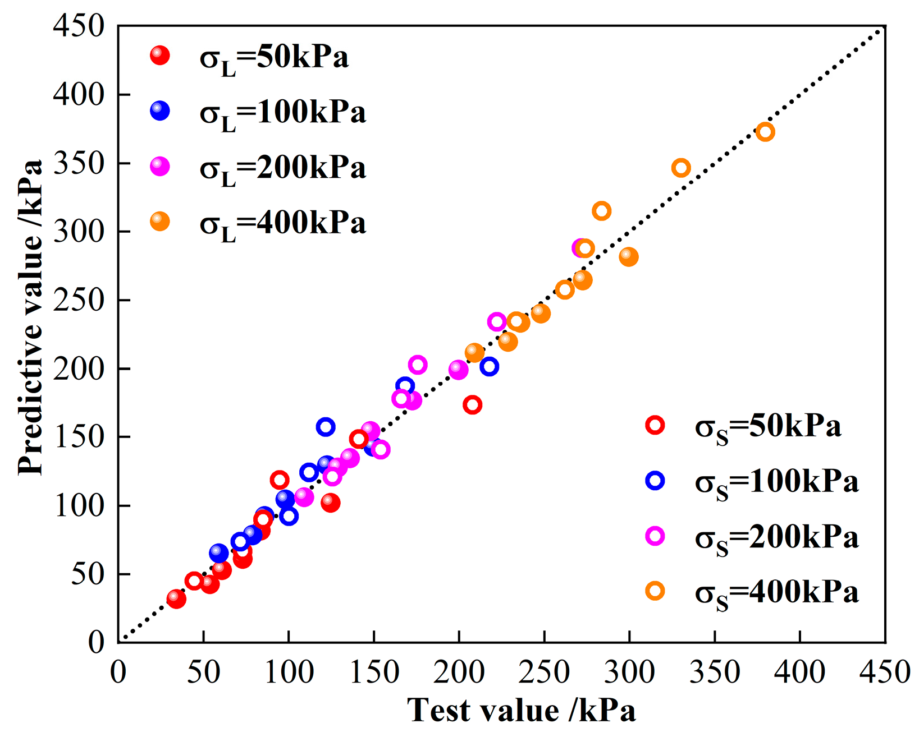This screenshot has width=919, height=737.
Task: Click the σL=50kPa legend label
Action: pyautogui.click(x=274, y=58)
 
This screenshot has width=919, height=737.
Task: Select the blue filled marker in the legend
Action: pyautogui.click(x=160, y=110)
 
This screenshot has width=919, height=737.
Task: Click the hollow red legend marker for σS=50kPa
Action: pyautogui.click(x=655, y=426)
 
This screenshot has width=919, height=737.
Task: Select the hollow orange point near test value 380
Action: pyautogui.click(x=765, y=132)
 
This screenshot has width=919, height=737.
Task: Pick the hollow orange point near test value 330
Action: pyautogui.click(x=681, y=168)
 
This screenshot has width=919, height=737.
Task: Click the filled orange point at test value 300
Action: pyautogui.click(x=629, y=257)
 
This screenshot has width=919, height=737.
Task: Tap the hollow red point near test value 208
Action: pyautogui.click(x=473, y=405)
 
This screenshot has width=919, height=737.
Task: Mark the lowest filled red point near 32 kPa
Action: pyautogui.click(x=176, y=599)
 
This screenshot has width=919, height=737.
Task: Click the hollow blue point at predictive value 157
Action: pyautogui.click(x=326, y=427)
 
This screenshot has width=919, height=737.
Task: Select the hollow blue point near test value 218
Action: pyautogui.click(x=490, y=367)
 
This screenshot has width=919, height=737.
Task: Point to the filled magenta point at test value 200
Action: pyautogui.click(x=459, y=370)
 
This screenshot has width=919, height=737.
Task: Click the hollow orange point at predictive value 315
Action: pyautogui.click(x=602, y=211)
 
